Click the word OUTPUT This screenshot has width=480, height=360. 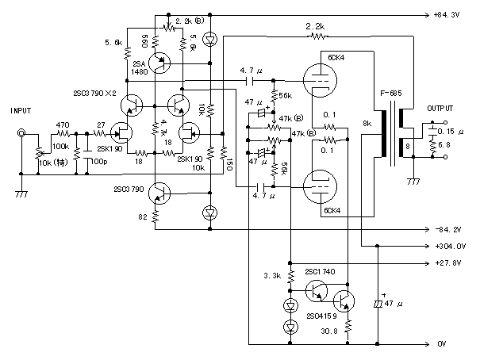pos(442,108)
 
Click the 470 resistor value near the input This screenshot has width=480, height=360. pos(63,124)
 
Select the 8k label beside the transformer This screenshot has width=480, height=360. pos(367,124)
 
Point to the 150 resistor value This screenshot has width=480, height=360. pos(228,163)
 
